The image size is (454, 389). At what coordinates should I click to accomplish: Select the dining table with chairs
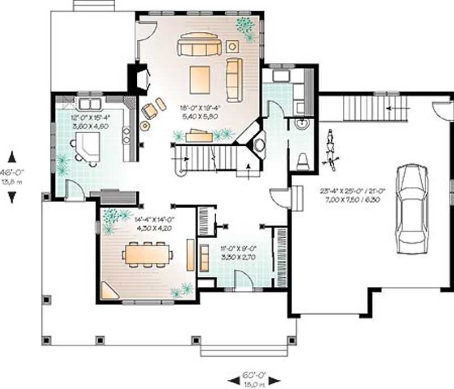coord(147,254)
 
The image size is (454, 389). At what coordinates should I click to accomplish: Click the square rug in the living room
coord(200,79)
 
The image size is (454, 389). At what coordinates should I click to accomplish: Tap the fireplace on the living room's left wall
coord(140,78)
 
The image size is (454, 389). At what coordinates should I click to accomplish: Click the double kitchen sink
coord(89,104)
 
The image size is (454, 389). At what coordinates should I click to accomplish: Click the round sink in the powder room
coord(301,124)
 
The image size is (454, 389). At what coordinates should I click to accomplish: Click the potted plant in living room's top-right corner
coord(246,27)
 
